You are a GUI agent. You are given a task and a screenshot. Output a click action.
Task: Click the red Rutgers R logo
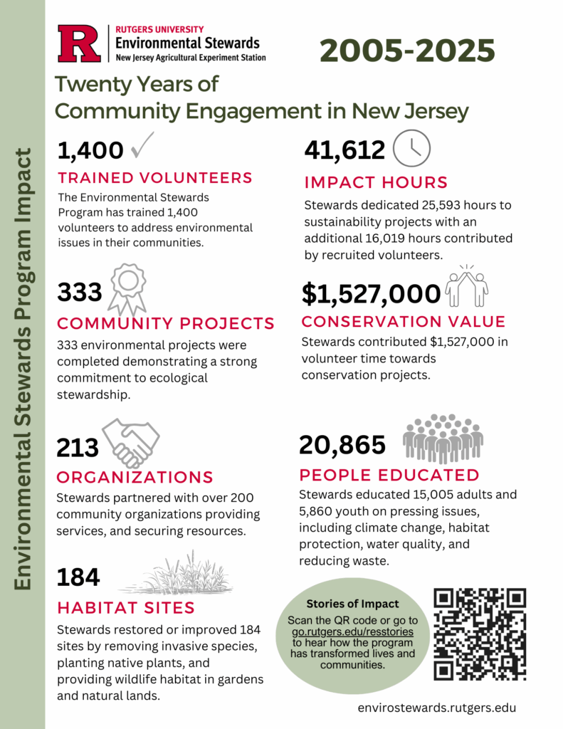click(x=80, y=43)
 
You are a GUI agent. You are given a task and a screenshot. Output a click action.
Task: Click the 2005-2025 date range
click(x=407, y=51)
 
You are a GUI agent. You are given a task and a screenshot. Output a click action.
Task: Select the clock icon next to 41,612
click(x=412, y=148)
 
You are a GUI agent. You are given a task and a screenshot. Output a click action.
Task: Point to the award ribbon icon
click(x=128, y=288)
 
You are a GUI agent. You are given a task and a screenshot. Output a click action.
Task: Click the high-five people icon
click(x=466, y=286)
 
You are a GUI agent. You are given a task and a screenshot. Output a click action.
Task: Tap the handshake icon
click(x=130, y=442)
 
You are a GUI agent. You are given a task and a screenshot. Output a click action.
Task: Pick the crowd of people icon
click(x=443, y=438)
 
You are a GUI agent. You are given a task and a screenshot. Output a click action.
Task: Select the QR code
click(x=480, y=633)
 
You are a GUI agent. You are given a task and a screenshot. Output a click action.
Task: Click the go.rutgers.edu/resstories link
click(x=353, y=631)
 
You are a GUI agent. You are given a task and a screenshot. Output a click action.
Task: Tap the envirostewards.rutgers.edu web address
click(x=437, y=708)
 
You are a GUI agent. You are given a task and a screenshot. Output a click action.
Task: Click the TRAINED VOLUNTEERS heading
click(x=155, y=177)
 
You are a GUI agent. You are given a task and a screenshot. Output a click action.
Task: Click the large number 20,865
click(x=342, y=444)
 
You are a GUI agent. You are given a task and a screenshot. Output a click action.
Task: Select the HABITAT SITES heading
click(x=126, y=607)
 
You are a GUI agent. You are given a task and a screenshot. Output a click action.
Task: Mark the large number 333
click(x=80, y=292)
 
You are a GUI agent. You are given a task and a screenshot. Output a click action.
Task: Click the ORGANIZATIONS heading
click(x=135, y=476)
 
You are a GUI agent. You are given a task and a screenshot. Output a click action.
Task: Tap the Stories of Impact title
click(x=352, y=604)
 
